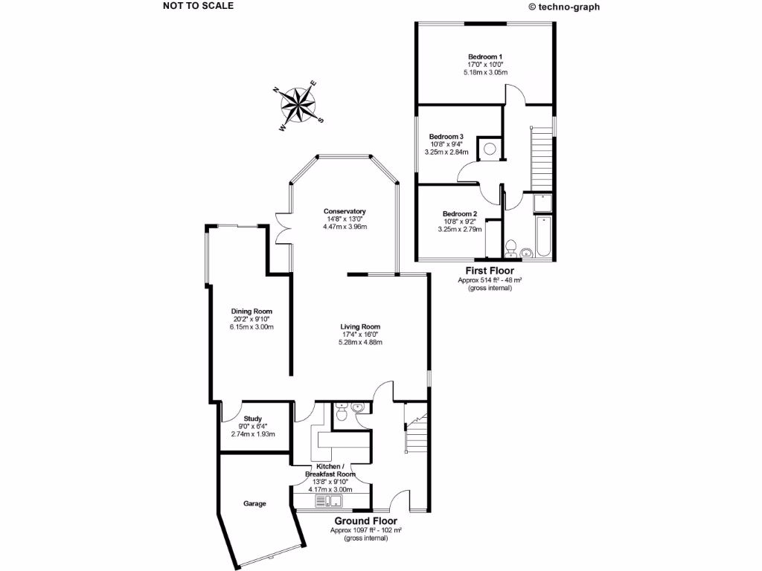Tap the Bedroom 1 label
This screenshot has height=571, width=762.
point(485,57)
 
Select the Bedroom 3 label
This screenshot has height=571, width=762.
point(446,137)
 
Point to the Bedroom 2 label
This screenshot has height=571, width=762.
point(459,213)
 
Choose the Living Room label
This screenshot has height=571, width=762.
point(360,326)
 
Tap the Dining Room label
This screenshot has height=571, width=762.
point(252,311)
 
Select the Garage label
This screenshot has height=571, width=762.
point(254,503)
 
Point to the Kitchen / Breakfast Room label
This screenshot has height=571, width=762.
point(330,470)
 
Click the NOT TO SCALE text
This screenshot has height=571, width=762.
point(198,6)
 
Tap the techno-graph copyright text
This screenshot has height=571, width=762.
point(563,7)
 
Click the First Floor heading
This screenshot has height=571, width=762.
point(490,271)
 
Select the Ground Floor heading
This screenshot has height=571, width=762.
point(365,521)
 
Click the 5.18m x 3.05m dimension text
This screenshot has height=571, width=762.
point(485,73)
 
